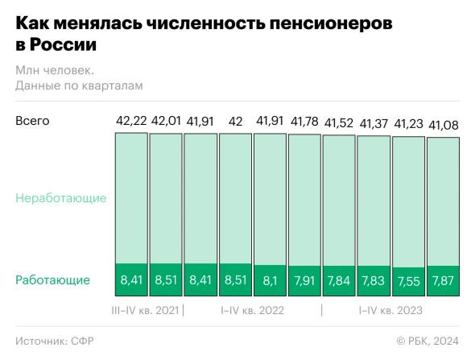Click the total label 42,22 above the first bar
click(130, 122)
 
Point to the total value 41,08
click(443, 125)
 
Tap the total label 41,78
click(304, 122)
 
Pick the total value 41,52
click(339, 123)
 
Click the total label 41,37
click(374, 123)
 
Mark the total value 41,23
click(408, 124)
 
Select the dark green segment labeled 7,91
click(304, 280)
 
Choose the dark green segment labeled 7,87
click(443, 280)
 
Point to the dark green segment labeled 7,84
click(339, 280)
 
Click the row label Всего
click(32, 121)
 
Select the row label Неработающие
click(60, 197)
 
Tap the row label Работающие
click(52, 280)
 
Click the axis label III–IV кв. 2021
click(145, 310)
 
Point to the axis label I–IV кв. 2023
click(390, 310)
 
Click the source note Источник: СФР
click(55, 341)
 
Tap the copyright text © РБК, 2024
click(427, 341)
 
